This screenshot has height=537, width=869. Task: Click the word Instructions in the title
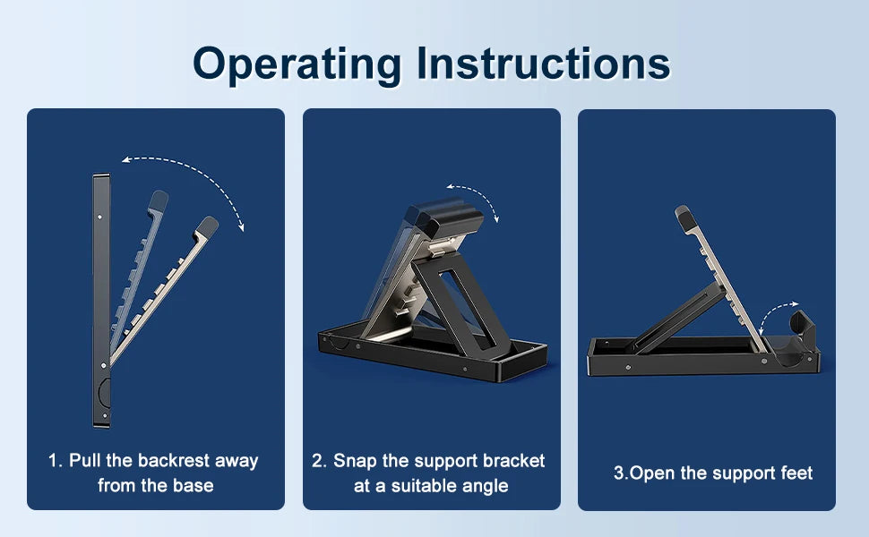(543, 64)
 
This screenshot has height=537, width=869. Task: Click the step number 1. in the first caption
(56, 461)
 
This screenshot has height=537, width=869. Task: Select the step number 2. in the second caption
(319, 461)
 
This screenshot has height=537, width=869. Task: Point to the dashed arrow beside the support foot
(774, 310)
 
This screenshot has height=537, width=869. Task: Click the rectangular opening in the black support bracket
(466, 306)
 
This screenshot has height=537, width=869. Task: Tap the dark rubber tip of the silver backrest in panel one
(207, 226)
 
